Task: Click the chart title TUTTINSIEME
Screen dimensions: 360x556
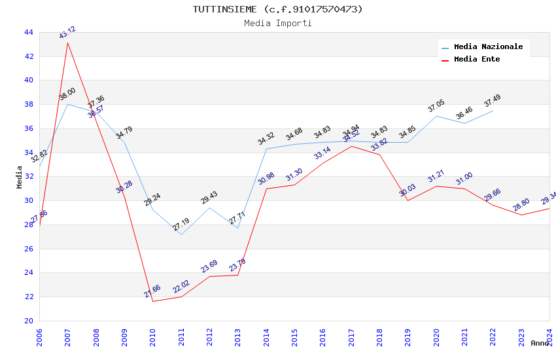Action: click(x=277, y=9)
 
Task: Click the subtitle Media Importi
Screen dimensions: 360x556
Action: click(x=277, y=24)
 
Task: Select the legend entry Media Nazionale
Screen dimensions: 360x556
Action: click(x=488, y=47)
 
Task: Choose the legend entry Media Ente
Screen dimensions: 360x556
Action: click(x=477, y=60)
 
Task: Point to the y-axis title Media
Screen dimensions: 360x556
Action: click(x=20, y=177)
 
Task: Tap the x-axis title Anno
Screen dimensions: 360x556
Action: click(x=540, y=343)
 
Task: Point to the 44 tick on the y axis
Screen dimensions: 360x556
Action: click(x=28, y=32)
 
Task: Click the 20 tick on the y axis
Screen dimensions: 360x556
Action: click(x=28, y=321)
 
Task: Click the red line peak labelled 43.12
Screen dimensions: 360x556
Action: click(x=67, y=43)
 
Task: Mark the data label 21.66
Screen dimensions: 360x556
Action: click(x=152, y=291)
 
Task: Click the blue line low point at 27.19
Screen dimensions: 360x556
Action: click(x=181, y=234)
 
